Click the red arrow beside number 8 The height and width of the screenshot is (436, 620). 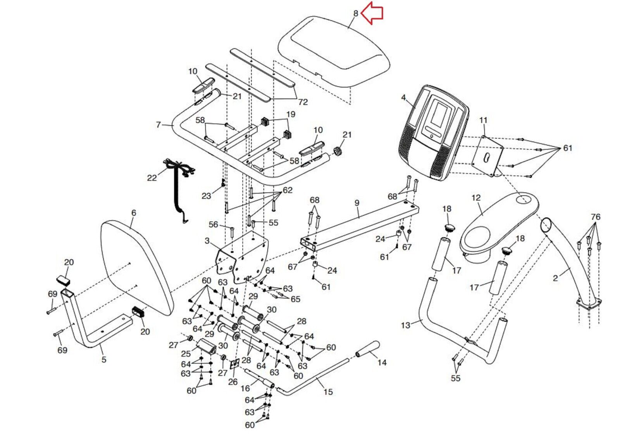(x=372, y=13)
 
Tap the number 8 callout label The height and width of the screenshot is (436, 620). (x=356, y=14)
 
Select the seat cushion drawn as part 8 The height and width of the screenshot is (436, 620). (x=333, y=50)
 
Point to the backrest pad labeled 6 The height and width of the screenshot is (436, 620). (x=136, y=267)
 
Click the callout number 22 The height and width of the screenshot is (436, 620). (x=152, y=178)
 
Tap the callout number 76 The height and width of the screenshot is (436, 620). (x=596, y=217)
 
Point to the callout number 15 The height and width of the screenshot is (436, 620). (x=328, y=392)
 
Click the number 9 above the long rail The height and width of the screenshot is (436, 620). (x=357, y=203)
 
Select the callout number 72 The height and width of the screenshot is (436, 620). (x=303, y=102)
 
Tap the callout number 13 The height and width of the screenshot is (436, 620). (x=405, y=325)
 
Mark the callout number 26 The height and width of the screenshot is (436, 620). (x=232, y=382)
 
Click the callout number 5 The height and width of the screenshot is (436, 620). (x=104, y=359)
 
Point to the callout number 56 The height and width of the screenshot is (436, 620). (x=214, y=224)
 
